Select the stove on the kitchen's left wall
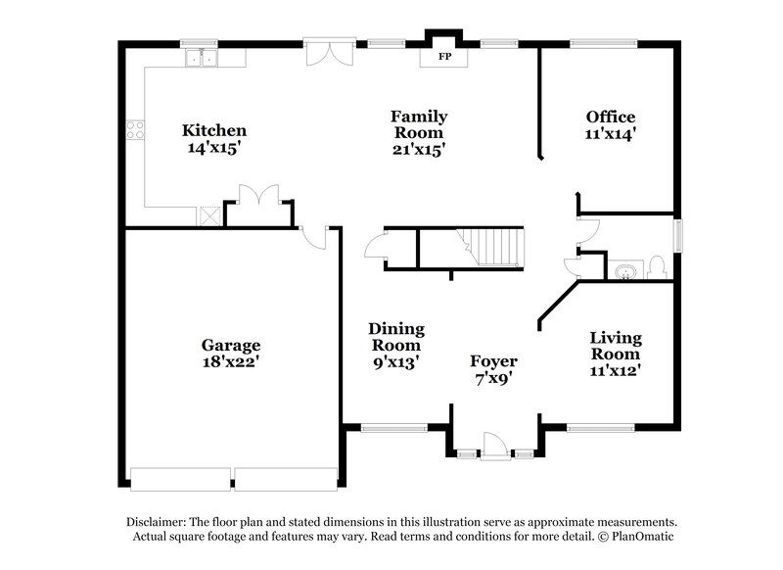[135, 130]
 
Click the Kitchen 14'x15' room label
[214, 139]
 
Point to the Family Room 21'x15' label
[419, 132]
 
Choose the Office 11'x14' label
[611, 125]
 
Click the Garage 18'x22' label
[231, 353]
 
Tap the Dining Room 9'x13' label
[396, 345]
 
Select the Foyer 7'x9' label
[493, 369]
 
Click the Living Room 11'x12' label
[615, 354]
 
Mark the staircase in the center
[490, 245]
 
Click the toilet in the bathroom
[657, 266]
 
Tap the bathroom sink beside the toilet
[623, 268]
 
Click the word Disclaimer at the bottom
[157, 522]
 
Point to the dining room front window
[393, 427]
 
